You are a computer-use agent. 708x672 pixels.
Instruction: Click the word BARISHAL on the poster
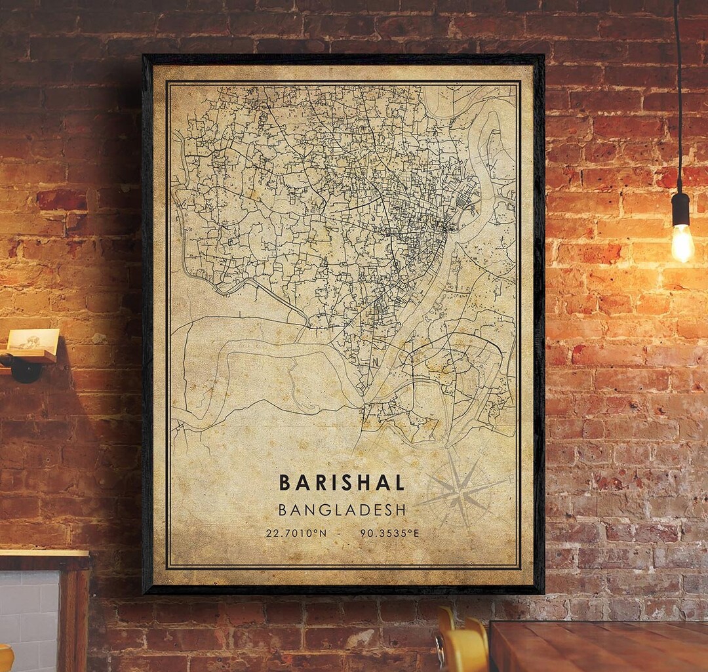pyautogui.click(x=342, y=483)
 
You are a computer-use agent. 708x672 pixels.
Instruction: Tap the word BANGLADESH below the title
pyautogui.click(x=342, y=509)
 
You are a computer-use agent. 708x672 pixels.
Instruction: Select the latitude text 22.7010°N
pyautogui.click(x=296, y=533)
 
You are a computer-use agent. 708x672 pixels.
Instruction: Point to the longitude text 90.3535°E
pyautogui.click(x=389, y=533)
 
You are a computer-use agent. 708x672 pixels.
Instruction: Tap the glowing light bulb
pyautogui.click(x=682, y=243)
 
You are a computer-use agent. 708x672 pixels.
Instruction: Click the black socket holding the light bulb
pyautogui.click(x=681, y=209)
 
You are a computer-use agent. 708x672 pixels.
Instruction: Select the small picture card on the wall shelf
pyautogui.click(x=33, y=340)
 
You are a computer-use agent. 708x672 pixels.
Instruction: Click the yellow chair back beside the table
pyautogui.click(x=462, y=646)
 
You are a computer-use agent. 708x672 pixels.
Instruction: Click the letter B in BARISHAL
pyautogui.click(x=285, y=483)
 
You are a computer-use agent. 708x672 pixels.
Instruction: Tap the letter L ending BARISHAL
pyautogui.click(x=399, y=483)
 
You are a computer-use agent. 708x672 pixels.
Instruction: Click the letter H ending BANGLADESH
pyautogui.click(x=400, y=509)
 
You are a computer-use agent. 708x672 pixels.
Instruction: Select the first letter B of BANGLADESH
pyautogui.click(x=283, y=509)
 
